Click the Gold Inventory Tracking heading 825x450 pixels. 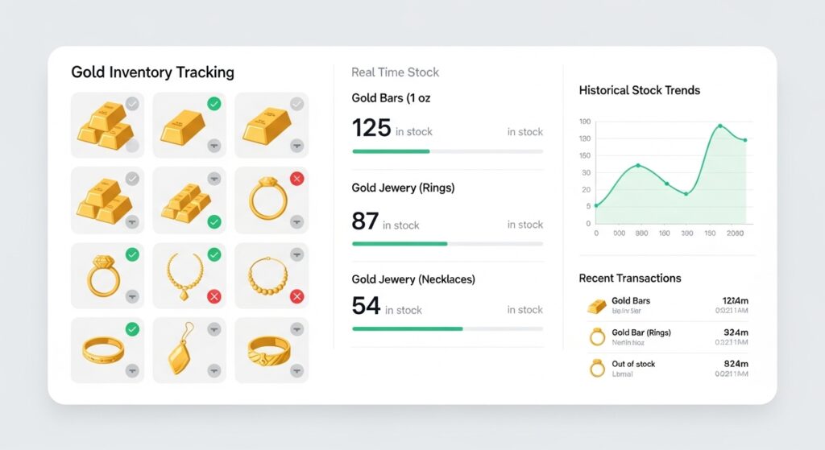pos(152,72)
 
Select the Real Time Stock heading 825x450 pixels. pos(395,72)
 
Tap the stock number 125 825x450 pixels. pos(371,128)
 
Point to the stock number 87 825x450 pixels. pos(365,221)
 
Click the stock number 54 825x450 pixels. pos(366,306)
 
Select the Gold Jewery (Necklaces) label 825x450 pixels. pos(413,279)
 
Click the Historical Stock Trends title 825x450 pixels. pos(639,90)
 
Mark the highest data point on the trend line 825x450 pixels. pos(720,126)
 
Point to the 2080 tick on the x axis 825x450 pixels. pos(734,233)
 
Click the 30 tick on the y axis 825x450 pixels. pos(586,173)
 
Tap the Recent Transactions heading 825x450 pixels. pos(629,278)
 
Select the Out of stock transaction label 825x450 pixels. pos(633,364)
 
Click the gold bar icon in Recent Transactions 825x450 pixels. pos(596,306)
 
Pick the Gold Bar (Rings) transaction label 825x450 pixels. pos(641,332)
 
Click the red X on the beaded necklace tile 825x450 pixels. pos(296,297)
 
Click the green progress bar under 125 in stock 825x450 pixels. pos(391,151)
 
